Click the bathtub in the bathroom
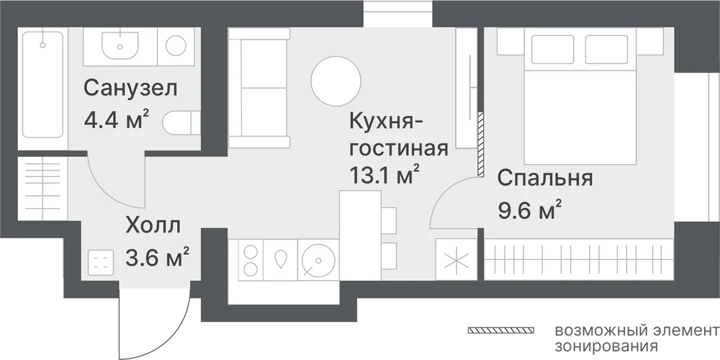(x=42, y=84)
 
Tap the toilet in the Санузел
(x=181, y=122)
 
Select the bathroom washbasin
(x=120, y=44)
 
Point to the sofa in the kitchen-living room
(x=259, y=88)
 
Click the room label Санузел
(x=130, y=88)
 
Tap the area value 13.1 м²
(x=384, y=175)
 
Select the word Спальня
(x=545, y=179)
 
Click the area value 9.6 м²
(x=529, y=212)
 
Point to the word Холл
(x=153, y=226)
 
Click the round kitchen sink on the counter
(x=318, y=259)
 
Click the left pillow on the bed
(x=552, y=49)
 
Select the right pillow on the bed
(x=606, y=49)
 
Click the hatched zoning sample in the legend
(x=501, y=330)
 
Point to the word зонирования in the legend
(x=603, y=346)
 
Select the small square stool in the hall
(x=101, y=263)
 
